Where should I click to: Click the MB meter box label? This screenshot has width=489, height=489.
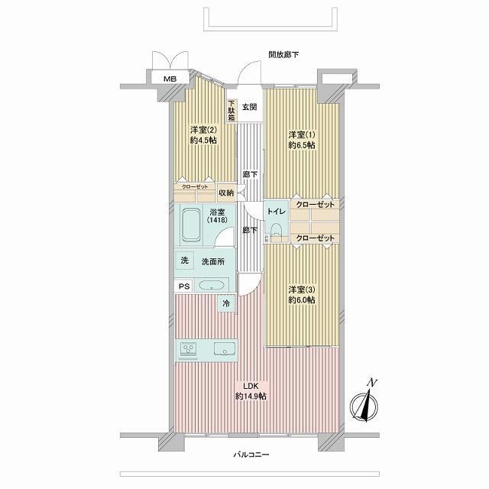click(170, 79)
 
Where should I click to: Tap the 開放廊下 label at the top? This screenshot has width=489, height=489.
click(283, 54)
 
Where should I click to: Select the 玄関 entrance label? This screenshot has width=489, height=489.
click(250, 107)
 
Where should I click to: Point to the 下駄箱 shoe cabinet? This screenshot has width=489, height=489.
click(231, 111)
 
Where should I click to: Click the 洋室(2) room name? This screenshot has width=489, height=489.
click(203, 130)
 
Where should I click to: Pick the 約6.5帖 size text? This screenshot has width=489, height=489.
click(302, 145)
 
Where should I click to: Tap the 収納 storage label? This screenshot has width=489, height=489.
click(226, 193)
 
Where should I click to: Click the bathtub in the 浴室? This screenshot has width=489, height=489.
click(191, 225)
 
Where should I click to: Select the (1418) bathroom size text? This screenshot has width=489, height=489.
click(217, 220)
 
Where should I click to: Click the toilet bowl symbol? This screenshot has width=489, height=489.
click(276, 232)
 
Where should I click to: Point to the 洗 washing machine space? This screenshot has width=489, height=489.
click(185, 261)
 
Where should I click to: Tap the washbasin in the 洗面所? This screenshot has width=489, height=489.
click(212, 286)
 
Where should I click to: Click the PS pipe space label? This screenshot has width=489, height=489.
click(184, 287)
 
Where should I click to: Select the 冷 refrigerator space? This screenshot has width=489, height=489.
click(226, 303)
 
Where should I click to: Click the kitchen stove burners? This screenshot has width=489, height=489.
click(189, 348)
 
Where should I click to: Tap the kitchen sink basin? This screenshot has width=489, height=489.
click(224, 348)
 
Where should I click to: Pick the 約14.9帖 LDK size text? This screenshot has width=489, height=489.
click(251, 397)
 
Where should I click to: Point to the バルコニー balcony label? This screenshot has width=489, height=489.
click(251, 455)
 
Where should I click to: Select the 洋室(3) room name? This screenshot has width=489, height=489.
click(302, 290)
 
